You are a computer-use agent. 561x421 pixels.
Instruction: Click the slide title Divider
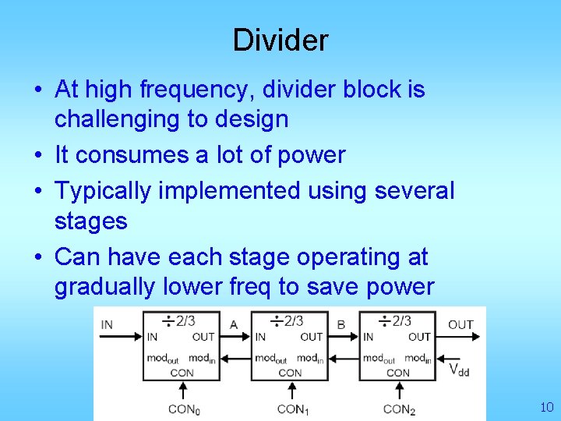click(280, 40)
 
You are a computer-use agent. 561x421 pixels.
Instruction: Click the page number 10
click(545, 407)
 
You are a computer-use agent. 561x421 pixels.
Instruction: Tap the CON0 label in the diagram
click(184, 409)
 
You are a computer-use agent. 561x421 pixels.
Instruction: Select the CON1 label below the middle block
click(292, 409)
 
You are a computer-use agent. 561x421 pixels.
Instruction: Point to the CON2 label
click(399, 409)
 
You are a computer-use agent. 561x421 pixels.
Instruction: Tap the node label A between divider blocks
click(234, 324)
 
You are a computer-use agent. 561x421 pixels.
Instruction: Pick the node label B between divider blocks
click(341, 324)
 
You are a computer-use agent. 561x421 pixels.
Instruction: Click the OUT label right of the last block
click(460, 324)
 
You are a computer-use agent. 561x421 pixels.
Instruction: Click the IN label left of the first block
click(107, 324)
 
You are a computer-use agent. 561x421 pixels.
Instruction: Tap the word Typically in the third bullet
click(104, 190)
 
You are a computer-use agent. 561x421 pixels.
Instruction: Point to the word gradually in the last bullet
click(105, 287)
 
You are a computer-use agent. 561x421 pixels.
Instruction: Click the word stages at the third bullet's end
click(90, 221)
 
